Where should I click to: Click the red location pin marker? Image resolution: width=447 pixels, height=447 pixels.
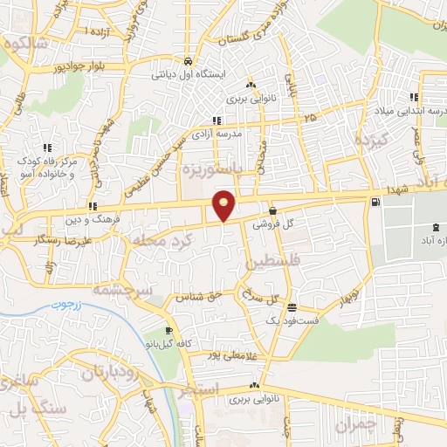point(224,205)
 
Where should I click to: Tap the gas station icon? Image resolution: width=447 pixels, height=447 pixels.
point(375,203)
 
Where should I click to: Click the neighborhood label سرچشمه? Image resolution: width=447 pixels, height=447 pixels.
point(123,289)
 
